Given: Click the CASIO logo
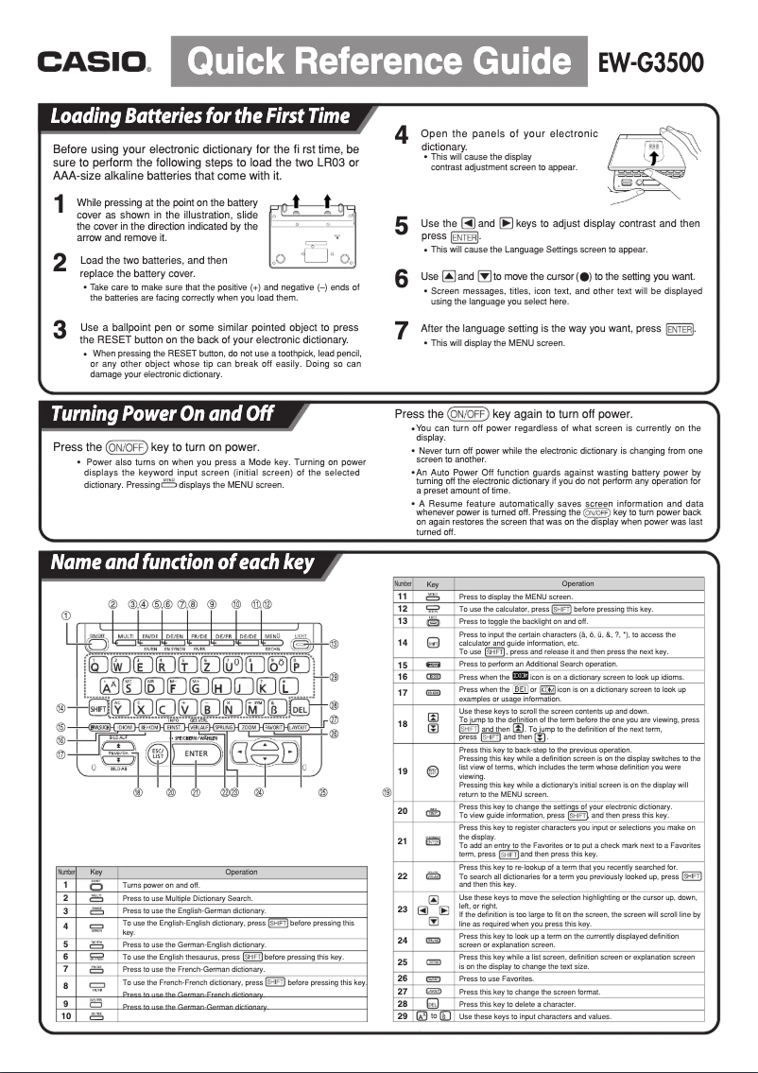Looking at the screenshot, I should tap(92, 63).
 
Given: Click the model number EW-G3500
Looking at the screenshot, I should tap(651, 63).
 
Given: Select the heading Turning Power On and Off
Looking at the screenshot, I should tap(163, 414).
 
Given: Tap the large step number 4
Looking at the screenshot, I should tap(401, 136).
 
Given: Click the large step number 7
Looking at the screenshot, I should tap(401, 331).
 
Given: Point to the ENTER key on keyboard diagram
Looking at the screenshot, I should tap(197, 753).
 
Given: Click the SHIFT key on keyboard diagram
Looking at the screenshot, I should tap(96, 707).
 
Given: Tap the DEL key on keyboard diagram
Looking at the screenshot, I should tap(299, 707).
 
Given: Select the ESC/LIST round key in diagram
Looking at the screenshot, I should tap(159, 753).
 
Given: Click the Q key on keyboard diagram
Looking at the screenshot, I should tap(96, 666).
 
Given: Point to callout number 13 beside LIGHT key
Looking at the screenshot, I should tap(334, 644).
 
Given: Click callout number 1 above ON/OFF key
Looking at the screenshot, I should tap(66, 616).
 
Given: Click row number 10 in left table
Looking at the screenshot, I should tap(65, 1015).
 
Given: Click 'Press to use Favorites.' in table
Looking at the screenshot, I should tap(501, 978).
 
